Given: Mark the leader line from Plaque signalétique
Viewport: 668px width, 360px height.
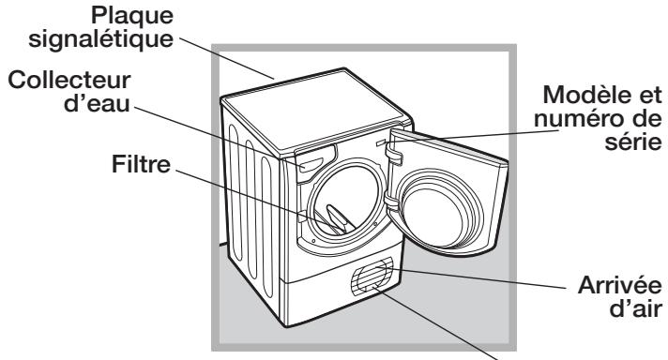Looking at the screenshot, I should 230,61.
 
